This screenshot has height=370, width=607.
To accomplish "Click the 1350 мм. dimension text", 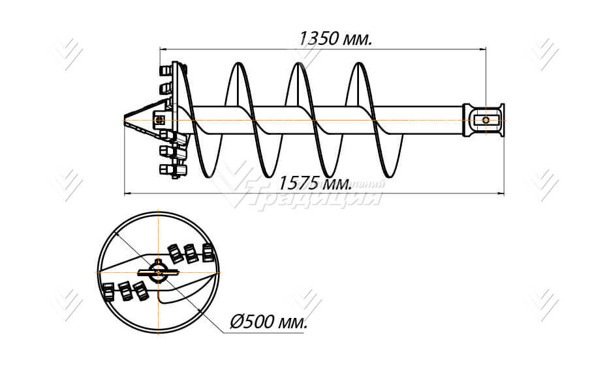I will (x=335, y=38).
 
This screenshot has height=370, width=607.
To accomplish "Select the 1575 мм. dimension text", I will (x=315, y=184).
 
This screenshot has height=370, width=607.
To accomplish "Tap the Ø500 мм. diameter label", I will (x=269, y=322).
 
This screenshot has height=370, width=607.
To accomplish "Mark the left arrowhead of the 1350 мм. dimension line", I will (x=163, y=48).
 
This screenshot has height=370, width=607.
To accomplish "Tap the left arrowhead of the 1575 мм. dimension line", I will (x=127, y=193).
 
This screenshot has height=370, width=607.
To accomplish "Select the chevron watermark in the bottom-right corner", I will (x=542, y=304).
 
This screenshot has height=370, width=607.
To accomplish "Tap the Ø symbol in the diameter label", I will (x=237, y=322).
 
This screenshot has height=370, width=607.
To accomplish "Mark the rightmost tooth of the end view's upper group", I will (x=208, y=252).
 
